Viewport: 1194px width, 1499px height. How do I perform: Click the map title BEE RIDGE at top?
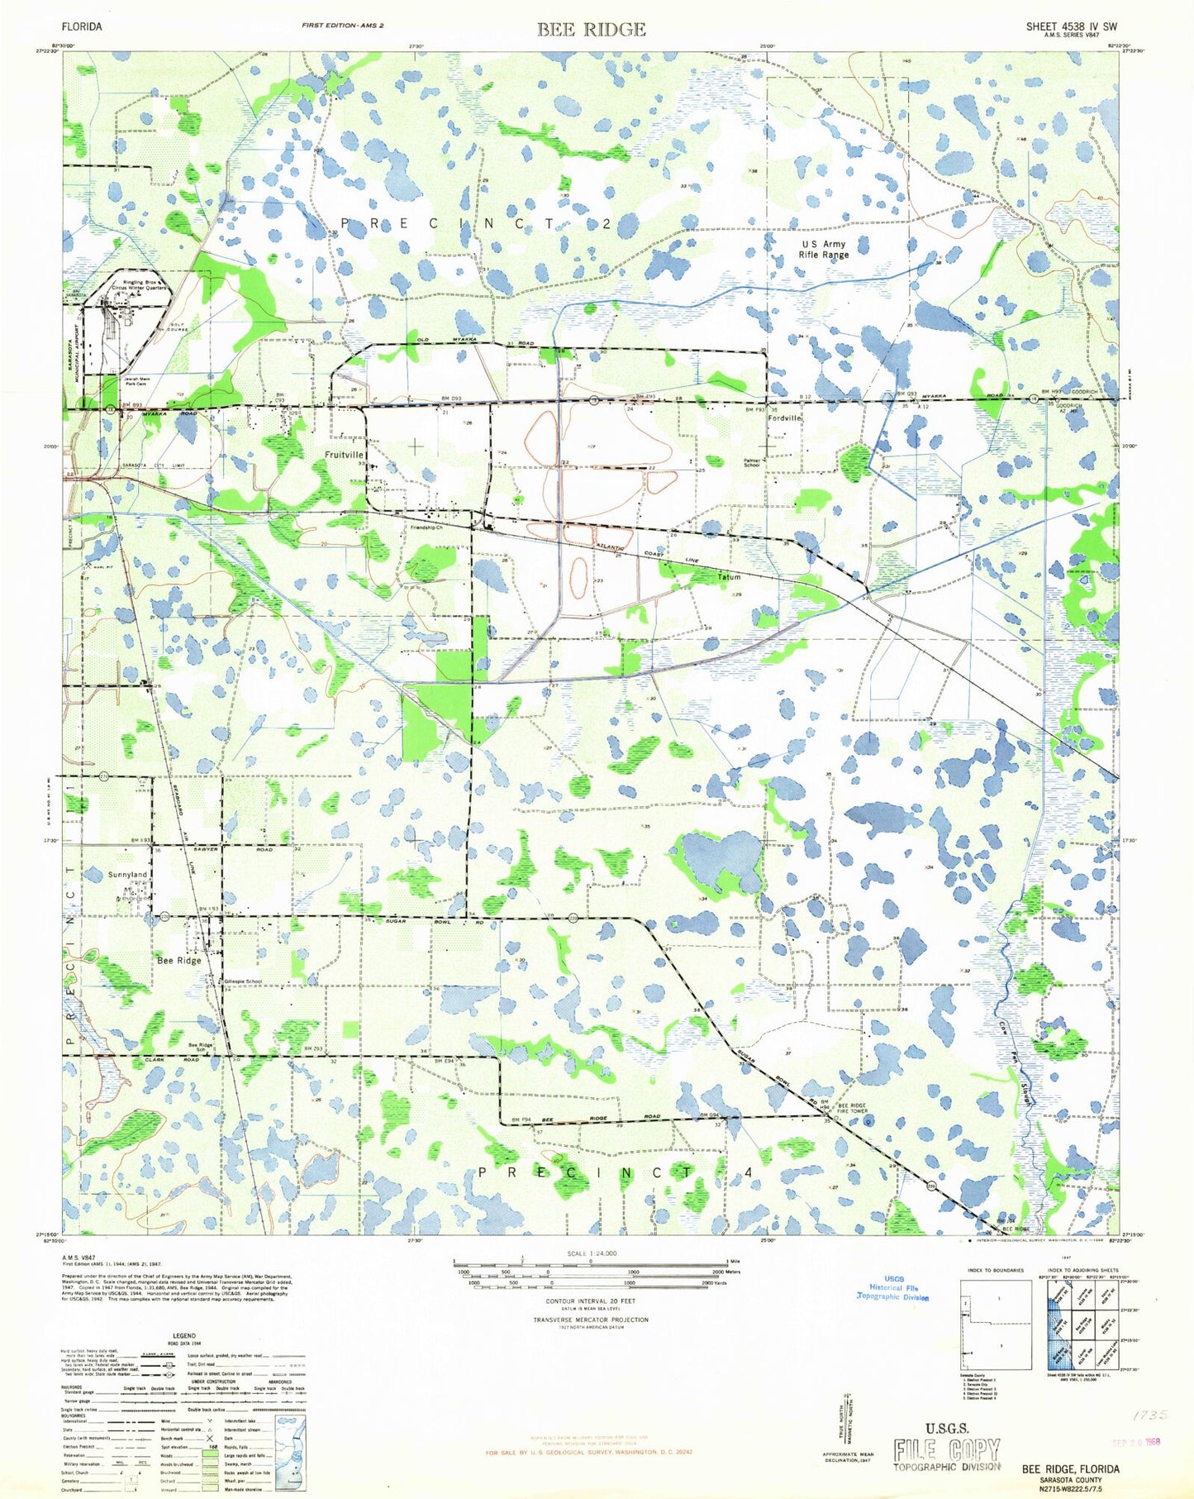point(591,30)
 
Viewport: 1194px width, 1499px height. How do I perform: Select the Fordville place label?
point(785,419)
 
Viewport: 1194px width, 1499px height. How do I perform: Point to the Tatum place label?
point(729,576)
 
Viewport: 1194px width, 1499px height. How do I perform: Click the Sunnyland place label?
point(128,874)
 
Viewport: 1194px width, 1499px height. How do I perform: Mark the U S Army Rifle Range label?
point(823,250)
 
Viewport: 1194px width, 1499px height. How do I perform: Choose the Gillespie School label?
point(243,981)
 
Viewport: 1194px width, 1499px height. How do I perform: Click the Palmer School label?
point(751,463)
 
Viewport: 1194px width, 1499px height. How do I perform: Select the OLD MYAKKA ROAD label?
point(474,342)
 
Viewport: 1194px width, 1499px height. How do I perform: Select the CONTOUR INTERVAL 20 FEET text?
point(590,1301)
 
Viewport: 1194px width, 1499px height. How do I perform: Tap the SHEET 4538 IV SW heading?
point(1071,26)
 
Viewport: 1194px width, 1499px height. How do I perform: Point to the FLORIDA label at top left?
point(82,26)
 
